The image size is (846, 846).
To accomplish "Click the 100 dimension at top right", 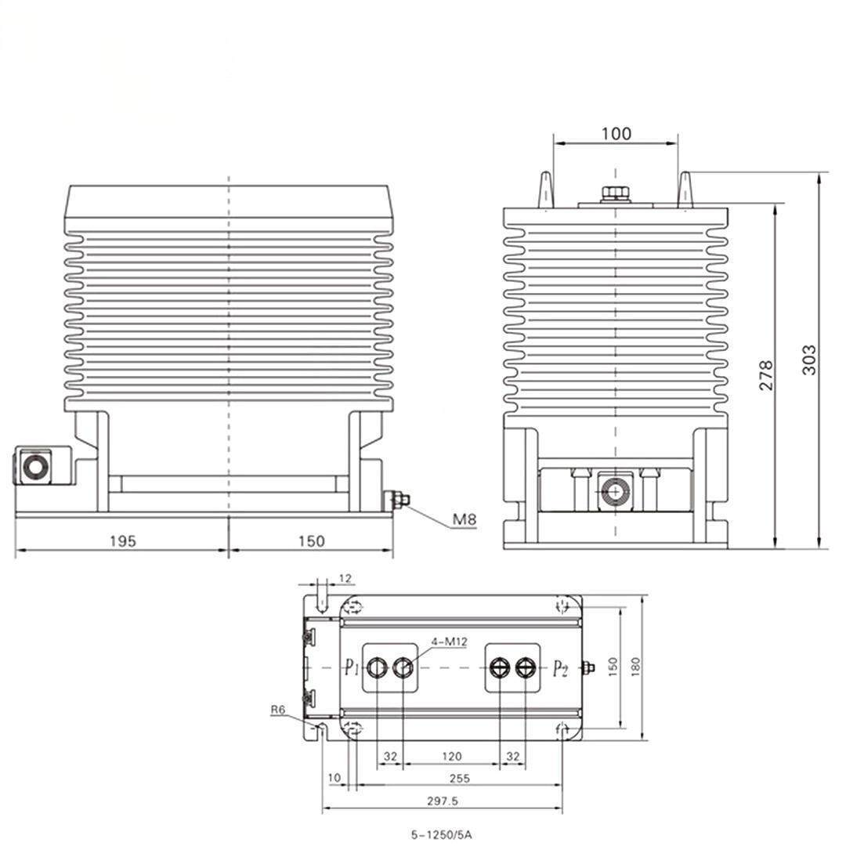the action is (616, 133).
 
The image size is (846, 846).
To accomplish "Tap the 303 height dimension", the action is (809, 360).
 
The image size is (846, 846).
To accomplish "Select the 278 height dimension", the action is (766, 375).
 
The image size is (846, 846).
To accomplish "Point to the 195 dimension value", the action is (123, 540).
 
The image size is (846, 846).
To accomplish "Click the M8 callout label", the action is (464, 519).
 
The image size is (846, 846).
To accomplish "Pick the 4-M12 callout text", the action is (449, 642).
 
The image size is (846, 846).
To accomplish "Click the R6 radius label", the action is (277, 710).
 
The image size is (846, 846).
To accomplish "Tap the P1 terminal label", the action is (352, 668).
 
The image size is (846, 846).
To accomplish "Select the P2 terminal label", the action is (561, 669).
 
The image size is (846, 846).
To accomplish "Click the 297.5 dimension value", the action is (443, 801).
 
